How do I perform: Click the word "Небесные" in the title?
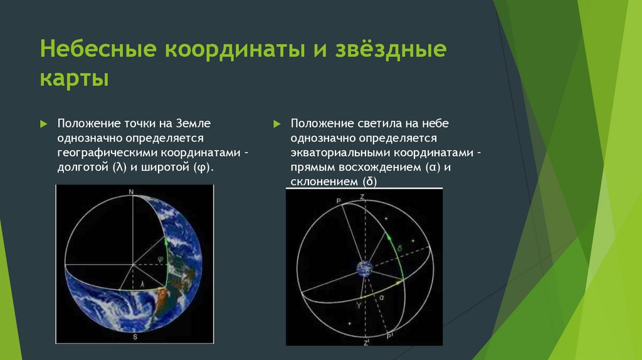[98, 48]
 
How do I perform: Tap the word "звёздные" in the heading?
[391, 49]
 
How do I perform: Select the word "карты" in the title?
[75, 78]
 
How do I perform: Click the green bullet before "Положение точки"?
[44, 124]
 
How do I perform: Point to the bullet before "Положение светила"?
[277, 124]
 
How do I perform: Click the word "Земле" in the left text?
[194, 124]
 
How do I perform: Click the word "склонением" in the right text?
[325, 181]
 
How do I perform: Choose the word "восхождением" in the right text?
[382, 167]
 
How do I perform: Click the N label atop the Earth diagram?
[131, 192]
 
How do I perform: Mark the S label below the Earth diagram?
[135, 337]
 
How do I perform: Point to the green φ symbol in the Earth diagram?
[160, 259]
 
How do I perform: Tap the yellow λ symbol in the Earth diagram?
[142, 283]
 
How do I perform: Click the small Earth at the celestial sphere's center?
[364, 268]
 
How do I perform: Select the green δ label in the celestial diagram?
[399, 248]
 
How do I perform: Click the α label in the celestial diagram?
[382, 298]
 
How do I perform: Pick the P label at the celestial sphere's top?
[339, 201]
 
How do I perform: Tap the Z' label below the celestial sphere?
[366, 342]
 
